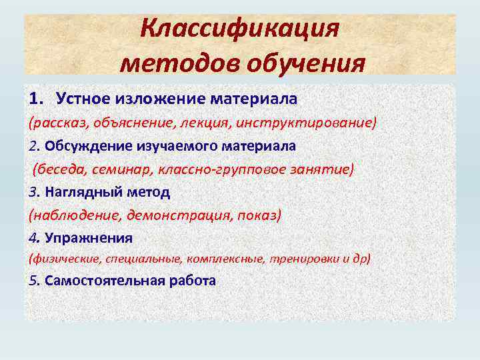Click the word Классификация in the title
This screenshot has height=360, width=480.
point(241,30)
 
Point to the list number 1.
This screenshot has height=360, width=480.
point(35,99)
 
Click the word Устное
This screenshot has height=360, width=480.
point(83,99)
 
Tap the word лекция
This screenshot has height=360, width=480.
point(200,123)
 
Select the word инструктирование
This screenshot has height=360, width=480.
point(302,123)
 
